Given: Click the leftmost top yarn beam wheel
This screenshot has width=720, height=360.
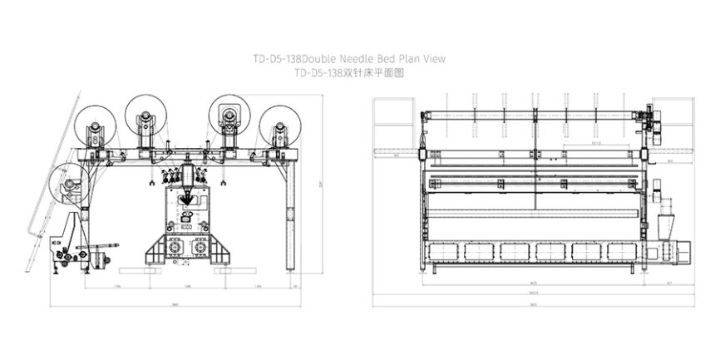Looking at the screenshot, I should point(93,128).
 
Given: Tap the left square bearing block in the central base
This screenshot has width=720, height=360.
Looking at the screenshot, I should point(175,248).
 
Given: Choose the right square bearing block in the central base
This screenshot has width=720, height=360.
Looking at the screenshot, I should point(199,248).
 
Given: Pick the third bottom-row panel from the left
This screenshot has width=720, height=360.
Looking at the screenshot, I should point(516,251).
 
